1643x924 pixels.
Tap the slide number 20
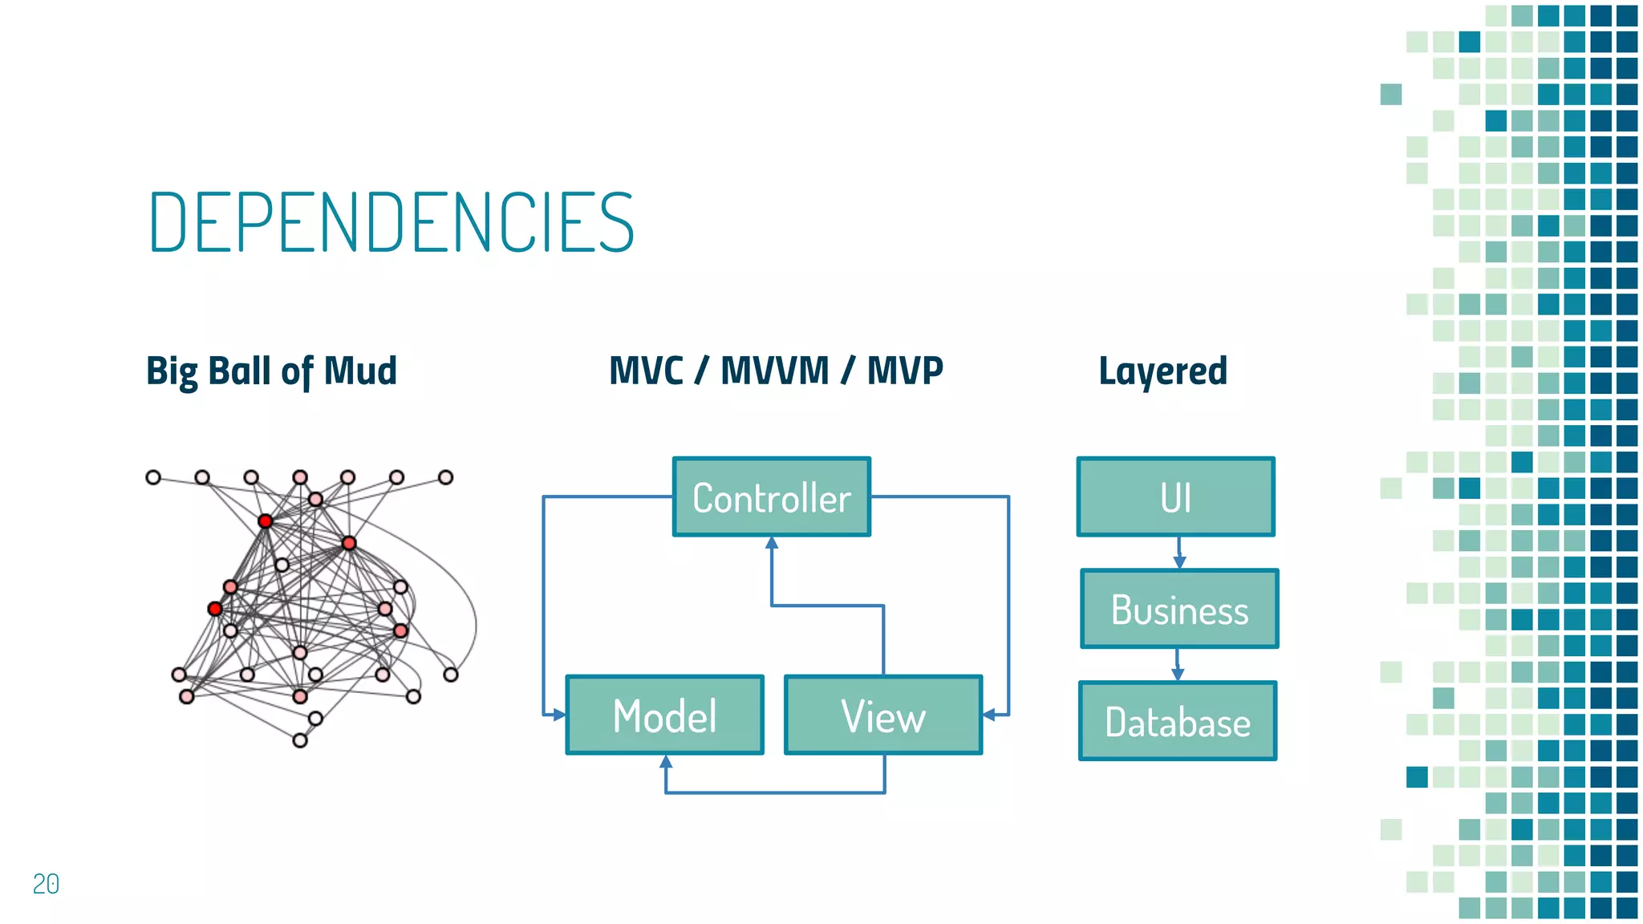tap(46, 883)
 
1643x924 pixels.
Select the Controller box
tap(772, 497)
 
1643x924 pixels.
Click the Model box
tap(665, 715)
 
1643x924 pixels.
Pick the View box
tap(883, 715)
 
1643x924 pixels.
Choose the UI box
tap(1176, 497)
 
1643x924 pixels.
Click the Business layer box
tap(1179, 609)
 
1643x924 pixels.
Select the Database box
tap(1178, 721)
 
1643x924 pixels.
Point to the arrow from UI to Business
tap(1178, 553)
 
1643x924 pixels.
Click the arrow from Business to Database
tap(1178, 665)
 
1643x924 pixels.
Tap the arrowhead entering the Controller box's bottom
tap(772, 544)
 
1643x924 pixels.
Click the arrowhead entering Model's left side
tap(558, 714)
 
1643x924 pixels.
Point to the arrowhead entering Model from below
tap(666, 762)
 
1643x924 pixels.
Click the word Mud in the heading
tap(360, 371)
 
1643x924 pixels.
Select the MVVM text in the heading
tap(774, 371)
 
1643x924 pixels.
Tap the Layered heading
tap(1162, 371)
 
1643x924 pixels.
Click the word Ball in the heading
tap(239, 371)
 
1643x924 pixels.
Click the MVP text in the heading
tap(905, 371)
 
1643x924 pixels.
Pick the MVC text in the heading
tap(647, 371)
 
